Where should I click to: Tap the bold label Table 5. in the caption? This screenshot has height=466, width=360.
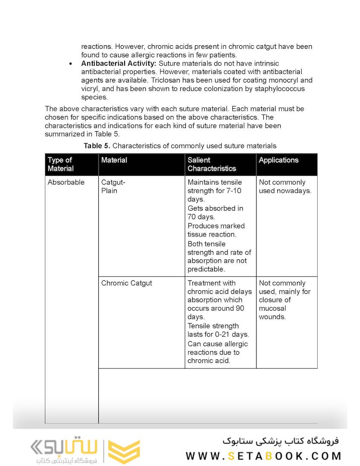(x=97, y=146)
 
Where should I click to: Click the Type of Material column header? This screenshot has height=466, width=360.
(x=61, y=164)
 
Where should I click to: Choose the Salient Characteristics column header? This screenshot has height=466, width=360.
(x=212, y=164)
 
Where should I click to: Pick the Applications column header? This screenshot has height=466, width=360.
(x=279, y=160)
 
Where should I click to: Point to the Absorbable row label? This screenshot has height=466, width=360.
(x=66, y=182)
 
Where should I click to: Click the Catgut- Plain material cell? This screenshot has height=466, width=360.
(x=113, y=186)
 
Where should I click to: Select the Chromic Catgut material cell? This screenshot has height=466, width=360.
(x=126, y=283)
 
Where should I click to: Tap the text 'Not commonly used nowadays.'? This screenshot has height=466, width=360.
(x=285, y=186)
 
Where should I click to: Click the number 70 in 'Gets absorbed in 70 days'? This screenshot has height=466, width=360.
(x=192, y=217)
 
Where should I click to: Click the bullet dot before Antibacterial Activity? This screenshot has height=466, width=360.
(x=71, y=64)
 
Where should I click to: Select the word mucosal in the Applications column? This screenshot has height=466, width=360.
(x=272, y=309)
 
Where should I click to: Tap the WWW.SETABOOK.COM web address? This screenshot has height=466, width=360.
(x=264, y=456)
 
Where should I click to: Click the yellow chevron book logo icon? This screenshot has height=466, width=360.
(x=124, y=451)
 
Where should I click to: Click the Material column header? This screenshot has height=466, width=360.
(x=114, y=160)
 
